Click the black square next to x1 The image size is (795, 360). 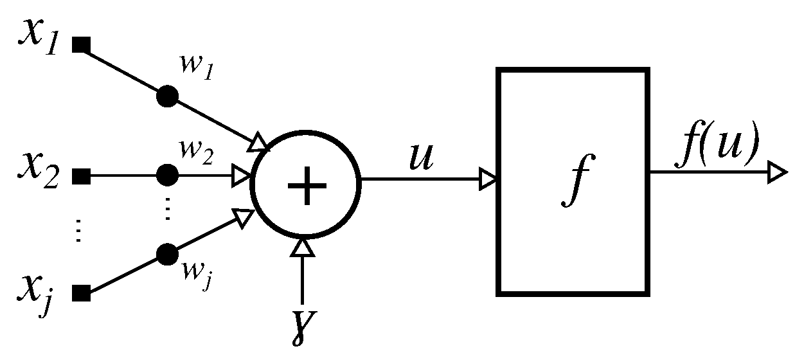coord(81,45)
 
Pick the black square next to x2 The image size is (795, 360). coord(81,175)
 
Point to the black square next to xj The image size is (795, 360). coord(81,294)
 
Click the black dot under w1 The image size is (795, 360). coord(167,96)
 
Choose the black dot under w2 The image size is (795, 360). coord(167,174)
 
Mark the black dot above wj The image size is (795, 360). coord(167,253)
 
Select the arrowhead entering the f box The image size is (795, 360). coord(488,179)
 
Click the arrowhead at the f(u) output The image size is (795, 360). coord(777,172)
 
